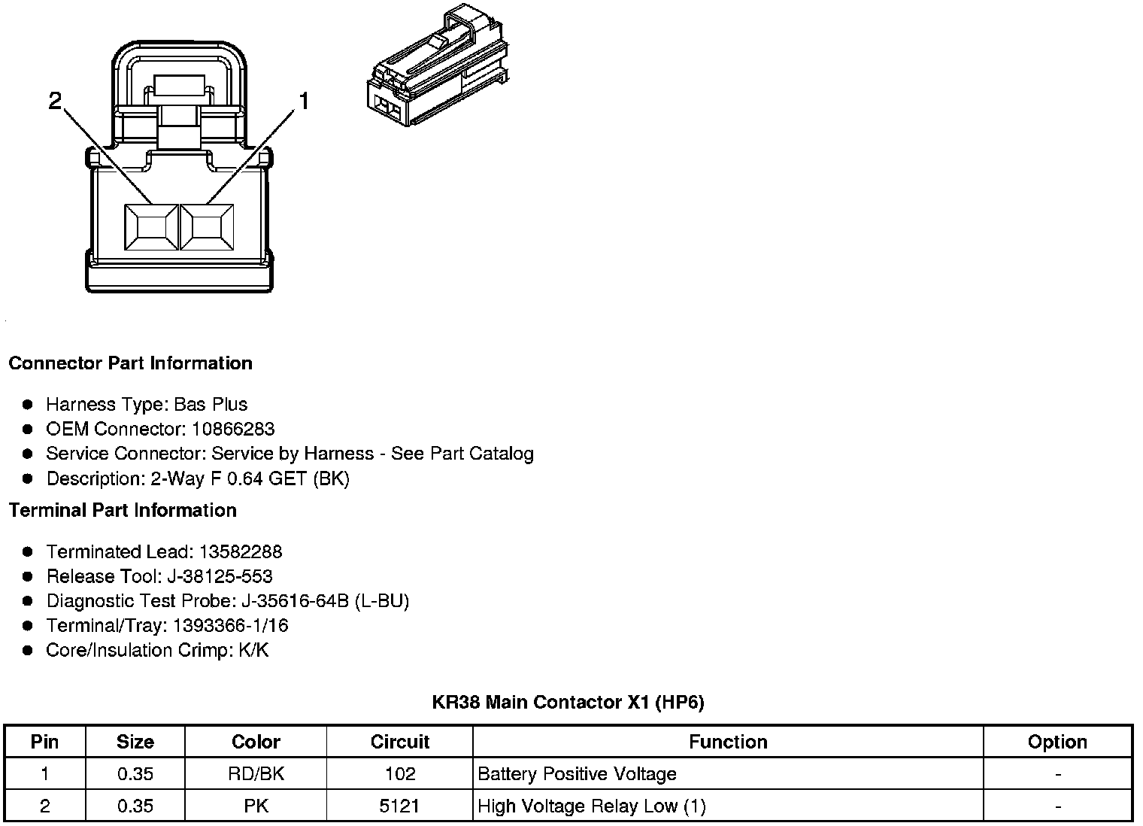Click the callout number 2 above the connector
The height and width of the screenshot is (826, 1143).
(55, 101)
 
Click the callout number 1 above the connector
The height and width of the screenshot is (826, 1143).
(304, 101)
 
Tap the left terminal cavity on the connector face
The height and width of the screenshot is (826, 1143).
(151, 226)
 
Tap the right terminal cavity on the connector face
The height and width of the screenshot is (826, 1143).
(208, 226)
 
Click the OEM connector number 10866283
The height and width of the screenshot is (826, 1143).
(233, 430)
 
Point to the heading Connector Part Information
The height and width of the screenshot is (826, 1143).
(130, 363)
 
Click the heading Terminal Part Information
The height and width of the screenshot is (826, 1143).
(123, 510)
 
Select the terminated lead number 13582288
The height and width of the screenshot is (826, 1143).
(240, 552)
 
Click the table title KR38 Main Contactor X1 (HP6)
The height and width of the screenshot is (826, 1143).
(568, 703)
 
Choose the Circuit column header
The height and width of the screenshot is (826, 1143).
(399, 742)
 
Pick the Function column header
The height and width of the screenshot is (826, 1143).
(728, 742)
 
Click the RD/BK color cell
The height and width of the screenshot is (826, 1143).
(256, 774)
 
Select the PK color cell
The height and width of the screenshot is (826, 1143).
(256, 806)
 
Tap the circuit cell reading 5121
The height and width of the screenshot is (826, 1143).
(399, 806)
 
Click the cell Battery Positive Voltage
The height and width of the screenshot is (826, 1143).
(577, 774)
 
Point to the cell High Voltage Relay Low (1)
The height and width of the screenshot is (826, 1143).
(592, 806)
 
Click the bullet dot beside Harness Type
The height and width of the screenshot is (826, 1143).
(28, 405)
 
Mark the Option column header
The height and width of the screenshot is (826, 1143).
(1057, 742)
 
